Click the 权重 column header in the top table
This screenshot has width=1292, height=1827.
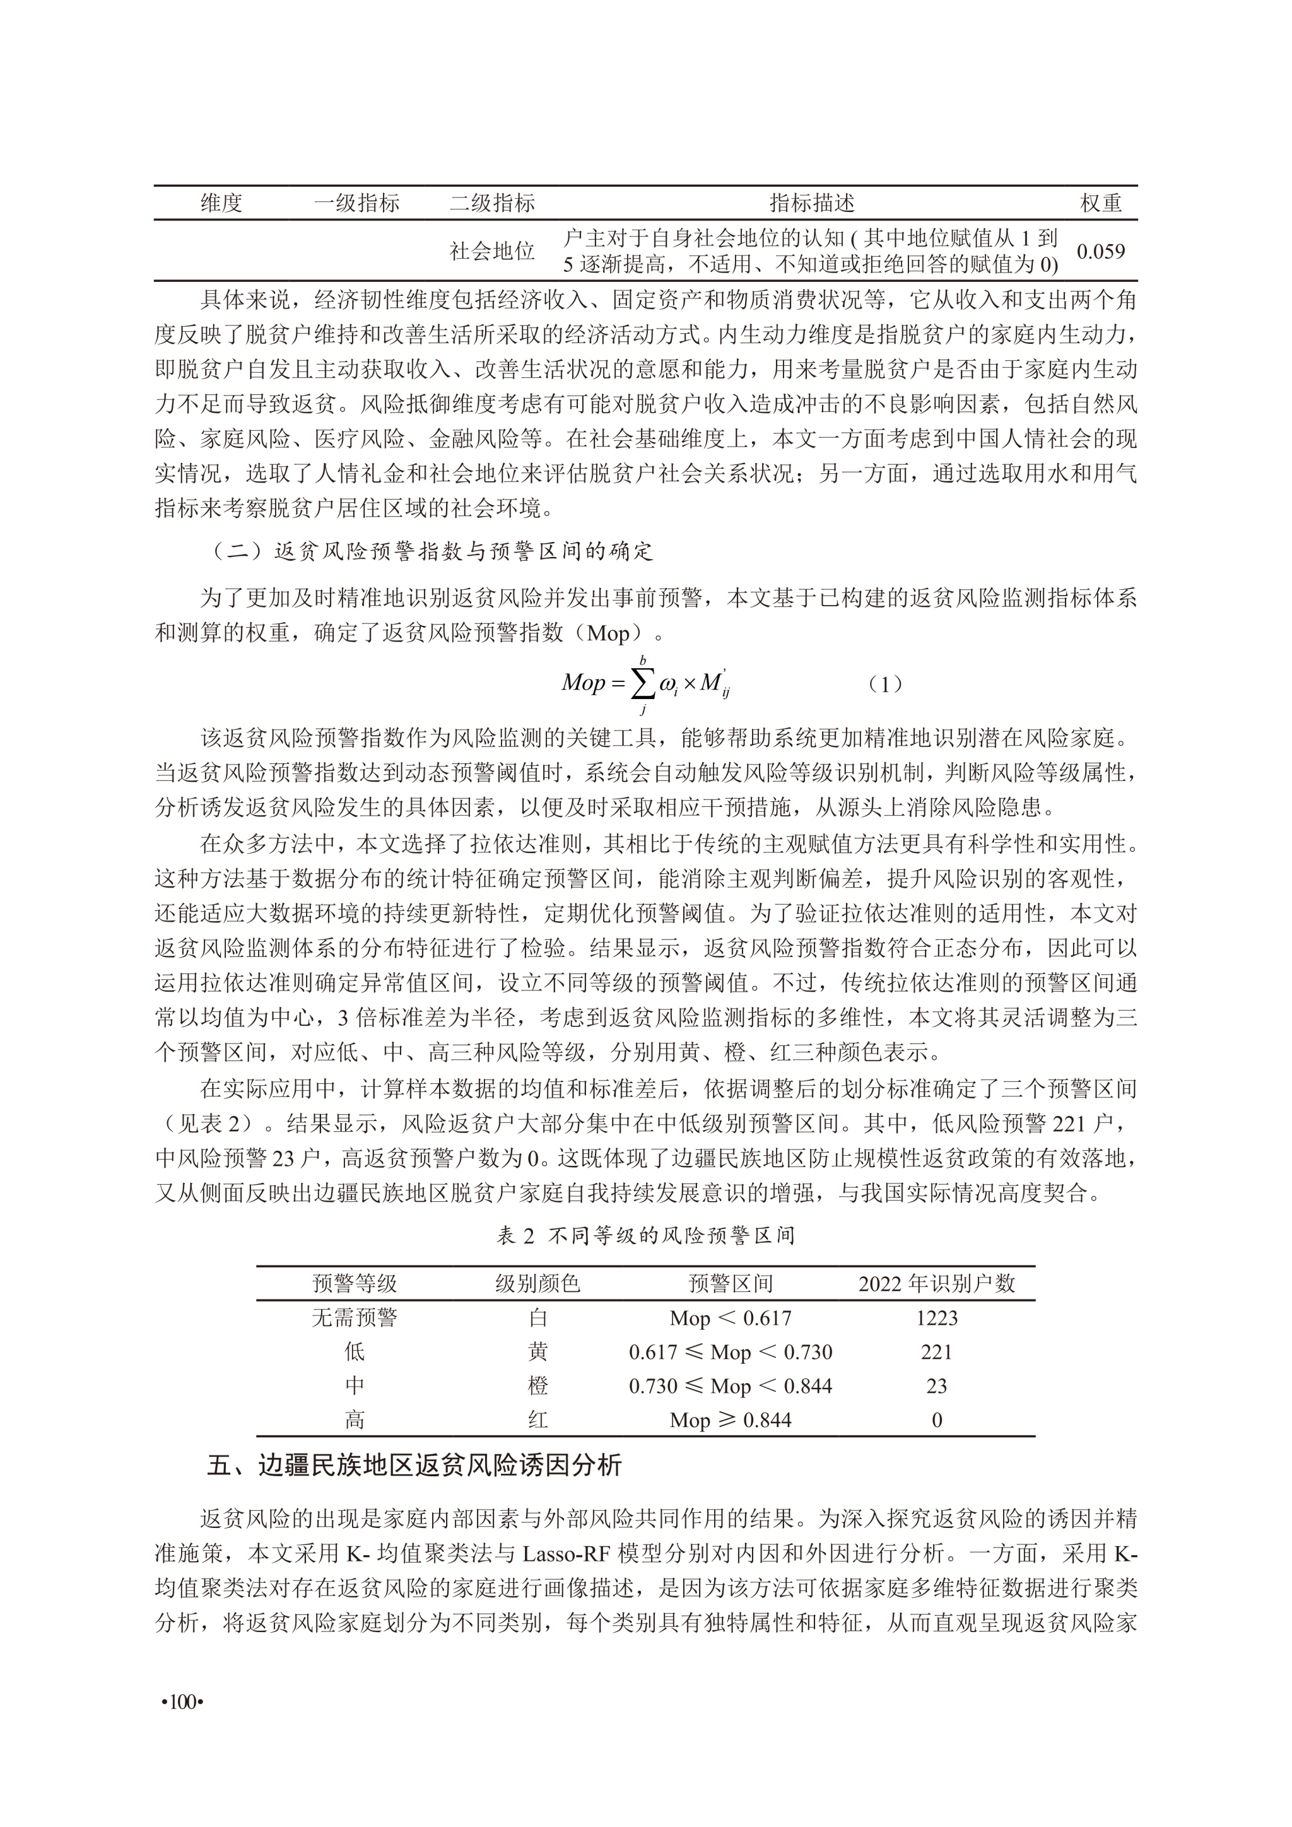pyautogui.click(x=1100, y=204)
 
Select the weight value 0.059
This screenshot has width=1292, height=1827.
pyautogui.click(x=1100, y=252)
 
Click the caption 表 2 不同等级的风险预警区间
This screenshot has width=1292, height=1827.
pyautogui.click(x=645, y=1235)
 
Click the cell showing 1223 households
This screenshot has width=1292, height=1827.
pyautogui.click(x=936, y=1318)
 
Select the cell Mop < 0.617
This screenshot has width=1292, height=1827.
pyautogui.click(x=731, y=1318)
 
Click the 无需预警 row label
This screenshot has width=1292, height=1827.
pyautogui.click(x=354, y=1318)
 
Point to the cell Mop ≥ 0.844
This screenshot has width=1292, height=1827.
pyautogui.click(x=731, y=1419)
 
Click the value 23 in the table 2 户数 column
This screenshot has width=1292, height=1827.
pyautogui.click(x=936, y=1385)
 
